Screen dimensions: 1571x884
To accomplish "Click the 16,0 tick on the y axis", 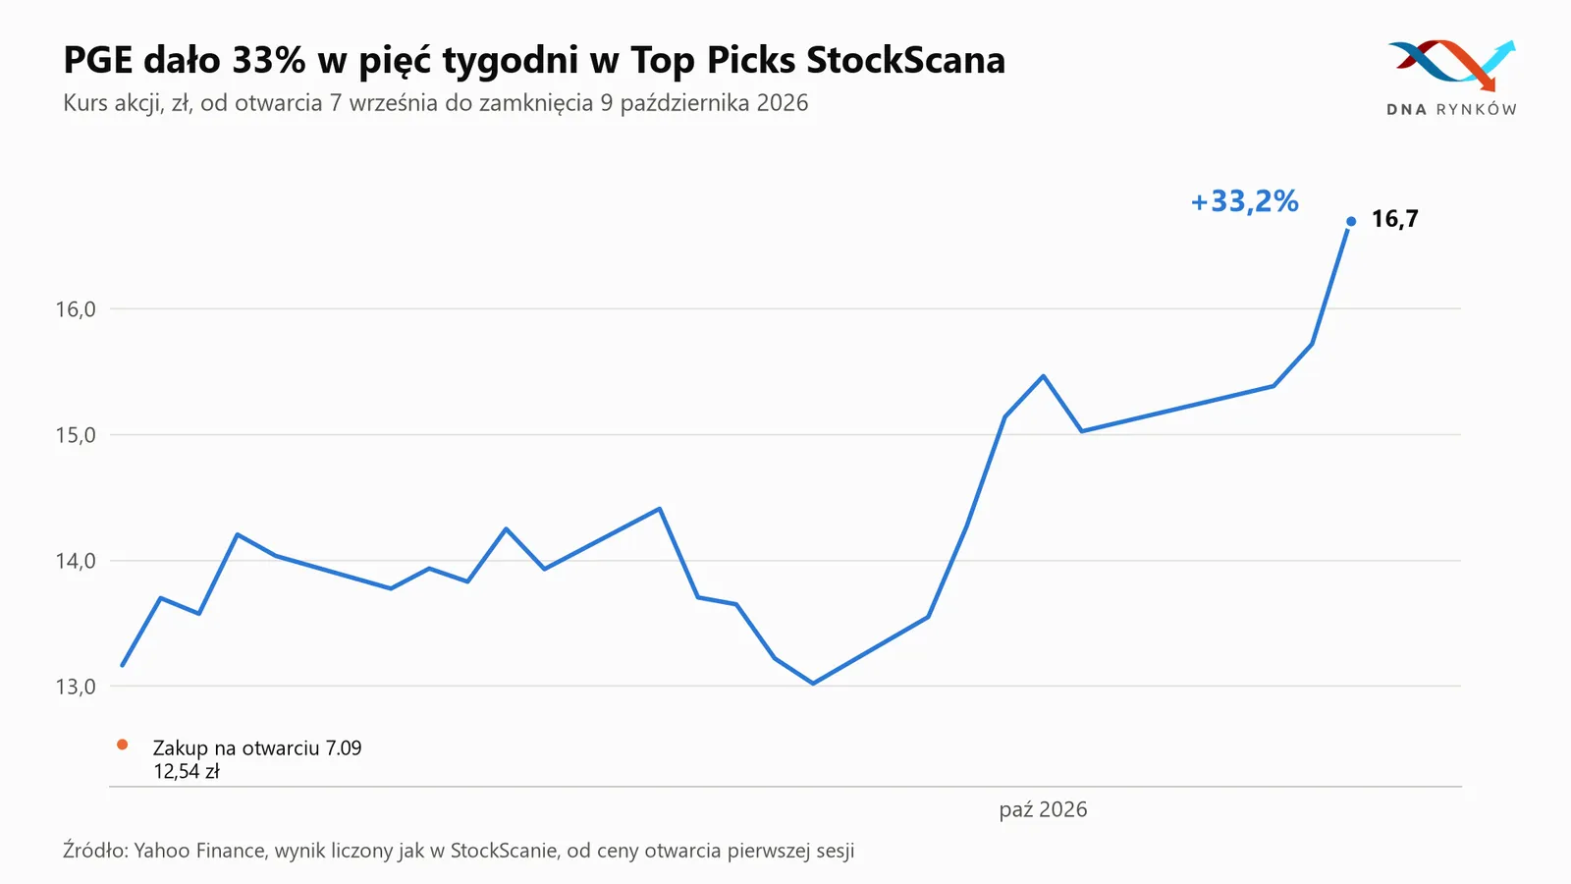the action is click(76, 309).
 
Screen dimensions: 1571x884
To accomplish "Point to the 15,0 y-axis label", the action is click(76, 436).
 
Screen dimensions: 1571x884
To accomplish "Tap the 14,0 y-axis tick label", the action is click(76, 561).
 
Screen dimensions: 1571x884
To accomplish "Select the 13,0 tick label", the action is click(76, 687).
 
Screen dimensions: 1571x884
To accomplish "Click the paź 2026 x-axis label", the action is click(1043, 809).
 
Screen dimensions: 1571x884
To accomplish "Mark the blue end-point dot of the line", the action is click(1351, 222).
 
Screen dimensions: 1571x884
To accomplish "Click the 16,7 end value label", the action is click(1394, 219).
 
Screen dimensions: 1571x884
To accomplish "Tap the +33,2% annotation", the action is click(1245, 201).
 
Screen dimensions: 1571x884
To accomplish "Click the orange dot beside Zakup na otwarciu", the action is click(122, 746).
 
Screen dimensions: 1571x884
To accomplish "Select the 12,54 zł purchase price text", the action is click(187, 772).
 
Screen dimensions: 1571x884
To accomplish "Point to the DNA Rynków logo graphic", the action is click(1452, 65).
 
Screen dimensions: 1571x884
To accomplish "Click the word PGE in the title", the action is click(98, 60).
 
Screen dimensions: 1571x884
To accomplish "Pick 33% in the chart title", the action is click(269, 60).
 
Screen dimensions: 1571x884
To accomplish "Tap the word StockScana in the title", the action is click(905, 60).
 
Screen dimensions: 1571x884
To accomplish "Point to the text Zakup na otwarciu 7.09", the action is click(257, 747).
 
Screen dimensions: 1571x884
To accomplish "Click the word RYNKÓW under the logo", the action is click(1477, 109).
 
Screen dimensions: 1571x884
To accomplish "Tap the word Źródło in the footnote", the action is click(95, 851).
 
